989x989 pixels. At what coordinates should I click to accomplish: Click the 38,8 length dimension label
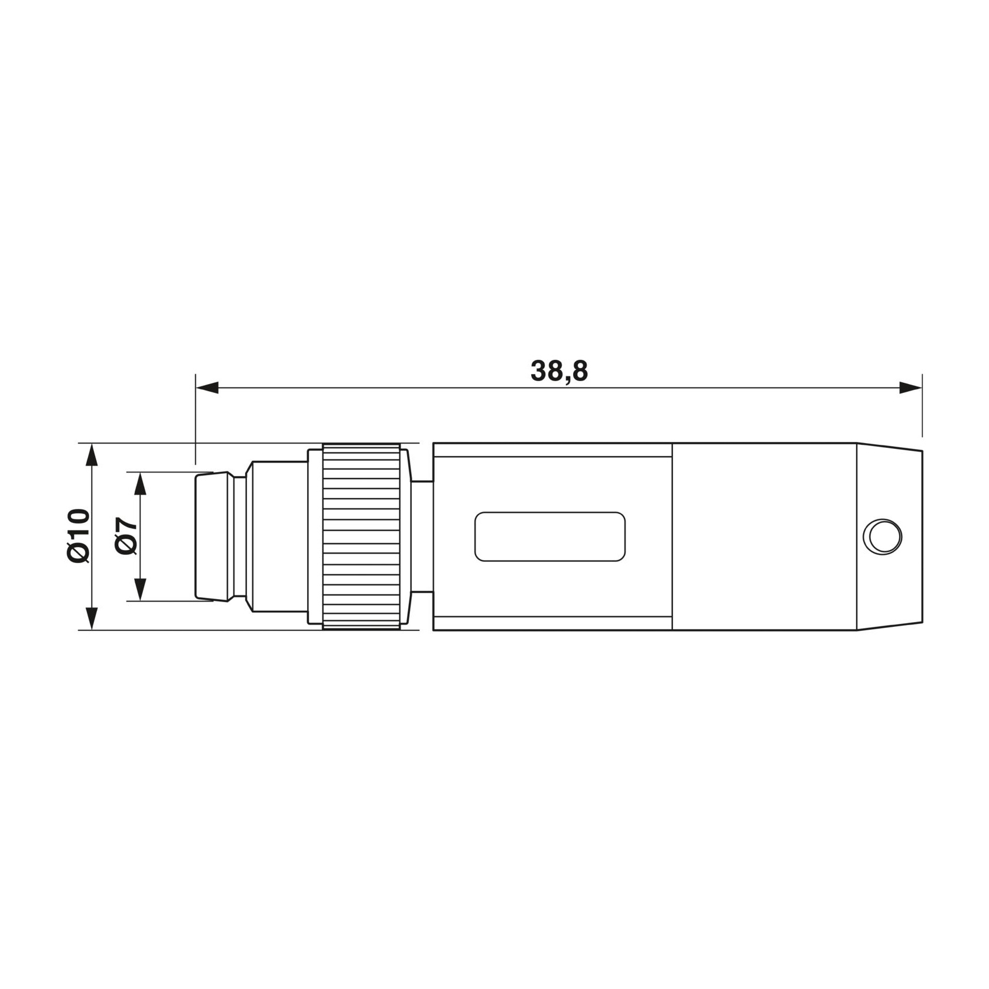pyautogui.click(x=559, y=371)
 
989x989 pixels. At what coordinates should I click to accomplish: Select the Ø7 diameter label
pyautogui.click(x=126, y=536)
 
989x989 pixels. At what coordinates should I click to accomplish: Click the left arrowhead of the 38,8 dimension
pyautogui.click(x=207, y=388)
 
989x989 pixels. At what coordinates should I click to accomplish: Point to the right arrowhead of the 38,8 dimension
pyautogui.click(x=910, y=388)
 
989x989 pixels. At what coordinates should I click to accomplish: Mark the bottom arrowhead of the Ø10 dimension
pyautogui.click(x=90, y=618)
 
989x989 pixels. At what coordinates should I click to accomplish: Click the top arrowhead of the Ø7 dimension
pyautogui.click(x=140, y=484)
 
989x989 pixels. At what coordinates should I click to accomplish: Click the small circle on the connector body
pyautogui.click(x=882, y=536)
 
